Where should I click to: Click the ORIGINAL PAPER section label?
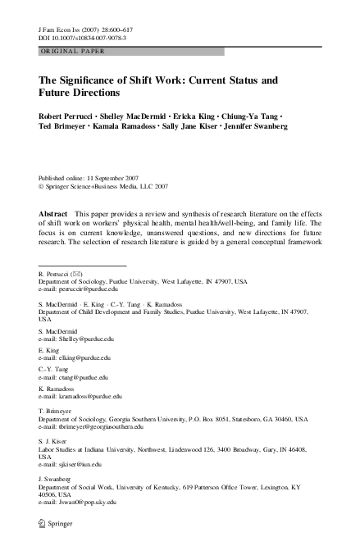71,51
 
